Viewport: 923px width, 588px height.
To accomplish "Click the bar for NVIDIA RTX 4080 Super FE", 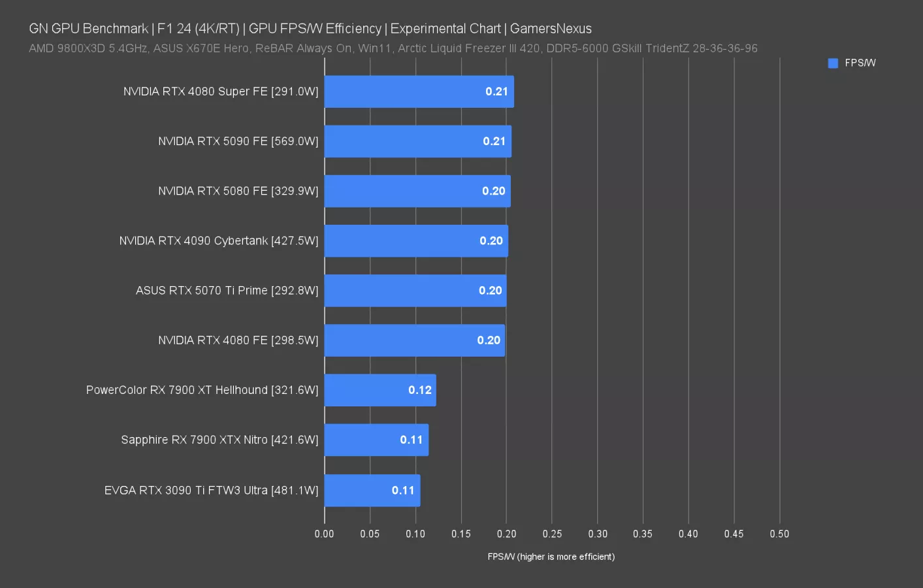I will click(418, 91).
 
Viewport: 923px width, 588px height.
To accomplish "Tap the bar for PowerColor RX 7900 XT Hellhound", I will click(380, 390).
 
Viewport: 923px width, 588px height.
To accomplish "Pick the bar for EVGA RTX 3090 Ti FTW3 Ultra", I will click(372, 490).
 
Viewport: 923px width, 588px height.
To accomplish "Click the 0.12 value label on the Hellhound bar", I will click(419, 390).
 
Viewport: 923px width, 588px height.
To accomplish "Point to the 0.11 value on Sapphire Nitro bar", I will click(412, 440).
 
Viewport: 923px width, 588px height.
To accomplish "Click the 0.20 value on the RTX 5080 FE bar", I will click(493, 191).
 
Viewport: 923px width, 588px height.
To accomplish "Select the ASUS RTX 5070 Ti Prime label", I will click(227, 291).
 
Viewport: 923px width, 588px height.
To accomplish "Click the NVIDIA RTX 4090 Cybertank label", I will click(218, 241).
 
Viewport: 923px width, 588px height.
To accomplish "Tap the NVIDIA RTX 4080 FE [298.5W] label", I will click(238, 340).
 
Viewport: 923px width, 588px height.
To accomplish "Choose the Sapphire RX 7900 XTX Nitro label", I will click(219, 440).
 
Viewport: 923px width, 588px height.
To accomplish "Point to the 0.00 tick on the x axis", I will click(324, 534).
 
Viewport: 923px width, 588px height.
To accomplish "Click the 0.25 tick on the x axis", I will click(552, 534).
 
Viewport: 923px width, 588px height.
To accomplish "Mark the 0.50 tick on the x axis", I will click(779, 534).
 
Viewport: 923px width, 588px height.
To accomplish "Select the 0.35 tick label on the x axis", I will click(643, 534).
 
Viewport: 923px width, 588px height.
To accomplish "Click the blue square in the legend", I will click(833, 63).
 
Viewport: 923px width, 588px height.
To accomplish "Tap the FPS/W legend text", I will click(860, 63).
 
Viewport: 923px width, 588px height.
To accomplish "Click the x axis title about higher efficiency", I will click(551, 557).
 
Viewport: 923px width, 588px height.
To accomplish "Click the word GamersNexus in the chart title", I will click(551, 29).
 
